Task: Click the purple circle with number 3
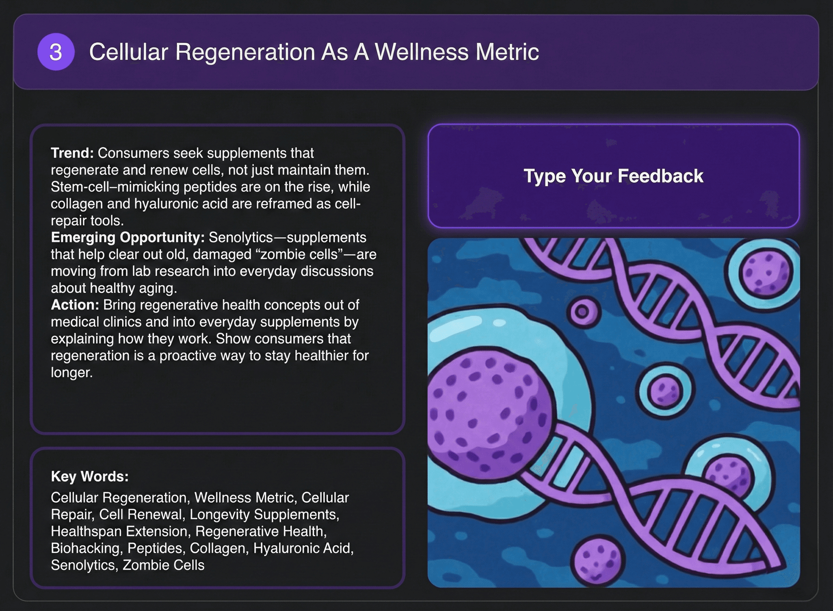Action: [x=56, y=52]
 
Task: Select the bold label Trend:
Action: [x=72, y=153]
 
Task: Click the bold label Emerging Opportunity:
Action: [x=128, y=237]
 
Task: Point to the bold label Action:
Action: [x=75, y=305]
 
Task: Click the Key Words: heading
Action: [x=90, y=476]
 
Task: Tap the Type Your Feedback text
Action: [x=613, y=176]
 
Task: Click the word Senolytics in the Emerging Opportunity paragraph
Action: [x=241, y=237]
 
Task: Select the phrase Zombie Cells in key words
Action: [x=163, y=565]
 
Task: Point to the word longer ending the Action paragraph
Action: [x=71, y=373]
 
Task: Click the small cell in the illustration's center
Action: [x=664, y=391]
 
